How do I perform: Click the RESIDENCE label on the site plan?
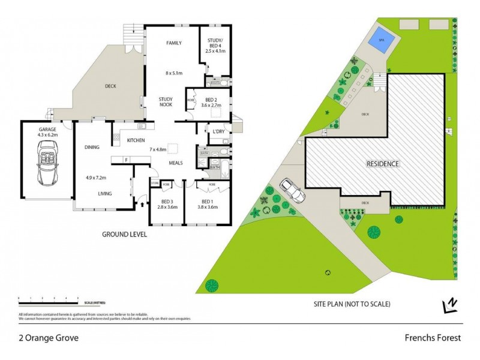pyautogui.click(x=383, y=163)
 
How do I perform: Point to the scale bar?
pyautogui.click(x=48, y=298)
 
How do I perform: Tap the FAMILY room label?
pyautogui.click(x=174, y=43)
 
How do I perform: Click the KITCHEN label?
pyautogui.click(x=136, y=140)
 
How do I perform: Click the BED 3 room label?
pyautogui.click(x=161, y=202)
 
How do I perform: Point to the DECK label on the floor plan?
pyautogui.click(x=110, y=86)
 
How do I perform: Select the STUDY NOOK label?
pyautogui.click(x=166, y=101)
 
